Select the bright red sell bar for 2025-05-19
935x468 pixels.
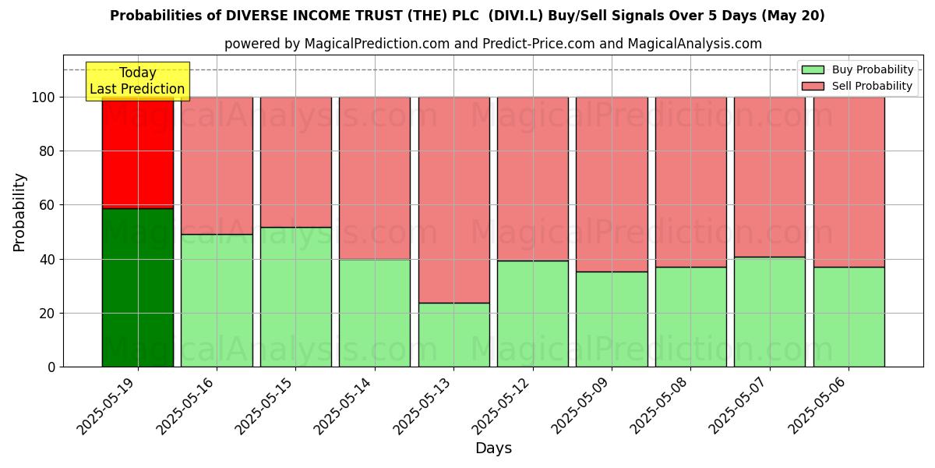pos(138,153)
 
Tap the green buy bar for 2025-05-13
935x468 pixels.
pos(453,335)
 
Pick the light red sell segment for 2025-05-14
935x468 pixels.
pos(375,178)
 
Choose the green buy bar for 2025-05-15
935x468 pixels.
pos(295,296)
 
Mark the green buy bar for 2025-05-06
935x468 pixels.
pos(849,317)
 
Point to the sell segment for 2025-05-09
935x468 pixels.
pos(612,184)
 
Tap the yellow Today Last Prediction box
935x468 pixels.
pos(137,81)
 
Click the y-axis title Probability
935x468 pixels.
pos(19,212)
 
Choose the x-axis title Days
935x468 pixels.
pos(493,448)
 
